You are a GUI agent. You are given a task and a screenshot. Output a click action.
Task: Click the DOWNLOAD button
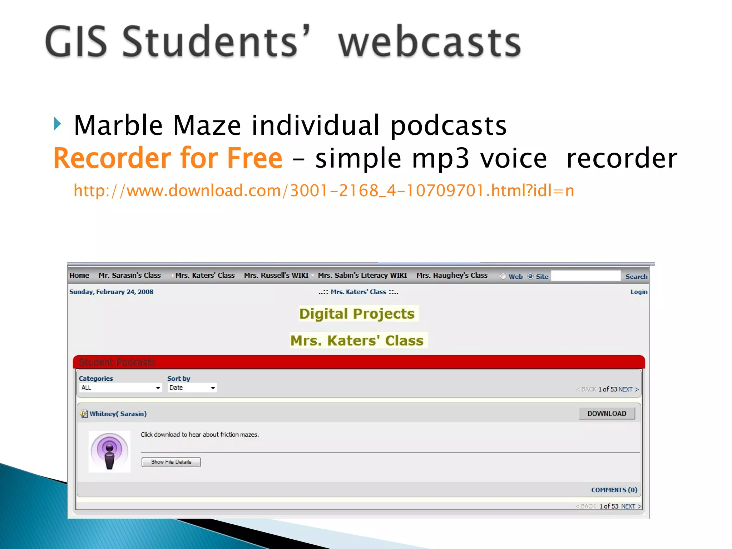pyautogui.click(x=607, y=414)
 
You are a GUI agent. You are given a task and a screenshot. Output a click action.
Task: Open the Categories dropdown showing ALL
pyautogui.click(x=120, y=388)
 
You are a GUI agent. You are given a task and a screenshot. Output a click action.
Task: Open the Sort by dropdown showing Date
pyautogui.click(x=192, y=388)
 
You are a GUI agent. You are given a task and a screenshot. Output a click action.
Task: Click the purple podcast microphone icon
pyautogui.click(x=109, y=451)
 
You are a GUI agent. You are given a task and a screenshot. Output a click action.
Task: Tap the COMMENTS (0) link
pyautogui.click(x=614, y=490)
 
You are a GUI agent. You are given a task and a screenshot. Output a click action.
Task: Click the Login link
pyautogui.click(x=639, y=292)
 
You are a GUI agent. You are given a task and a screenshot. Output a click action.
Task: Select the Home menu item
pyautogui.click(x=79, y=276)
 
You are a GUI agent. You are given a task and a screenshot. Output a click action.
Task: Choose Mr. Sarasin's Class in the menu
pyautogui.click(x=129, y=276)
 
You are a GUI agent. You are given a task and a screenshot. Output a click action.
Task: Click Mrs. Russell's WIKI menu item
pyautogui.click(x=276, y=276)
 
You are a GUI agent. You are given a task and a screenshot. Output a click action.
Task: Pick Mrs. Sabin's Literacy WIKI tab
pyautogui.click(x=362, y=276)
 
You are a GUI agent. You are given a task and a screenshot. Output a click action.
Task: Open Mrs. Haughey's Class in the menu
pyautogui.click(x=452, y=276)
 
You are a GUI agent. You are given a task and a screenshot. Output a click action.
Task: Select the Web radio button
pyautogui.click(x=503, y=276)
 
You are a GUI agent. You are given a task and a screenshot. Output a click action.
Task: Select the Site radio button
pyautogui.click(x=530, y=276)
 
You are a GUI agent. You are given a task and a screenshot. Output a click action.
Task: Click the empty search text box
pyautogui.click(x=585, y=276)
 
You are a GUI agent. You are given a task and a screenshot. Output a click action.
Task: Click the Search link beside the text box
pyautogui.click(x=636, y=277)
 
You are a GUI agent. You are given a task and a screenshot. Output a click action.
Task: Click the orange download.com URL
pyautogui.click(x=323, y=191)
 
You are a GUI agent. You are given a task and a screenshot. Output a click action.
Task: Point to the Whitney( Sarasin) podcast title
pyautogui.click(x=118, y=414)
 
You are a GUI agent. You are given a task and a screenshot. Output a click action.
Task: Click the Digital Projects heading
pyautogui.click(x=357, y=314)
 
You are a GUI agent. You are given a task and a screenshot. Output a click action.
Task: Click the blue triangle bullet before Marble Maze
pyautogui.click(x=58, y=124)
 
